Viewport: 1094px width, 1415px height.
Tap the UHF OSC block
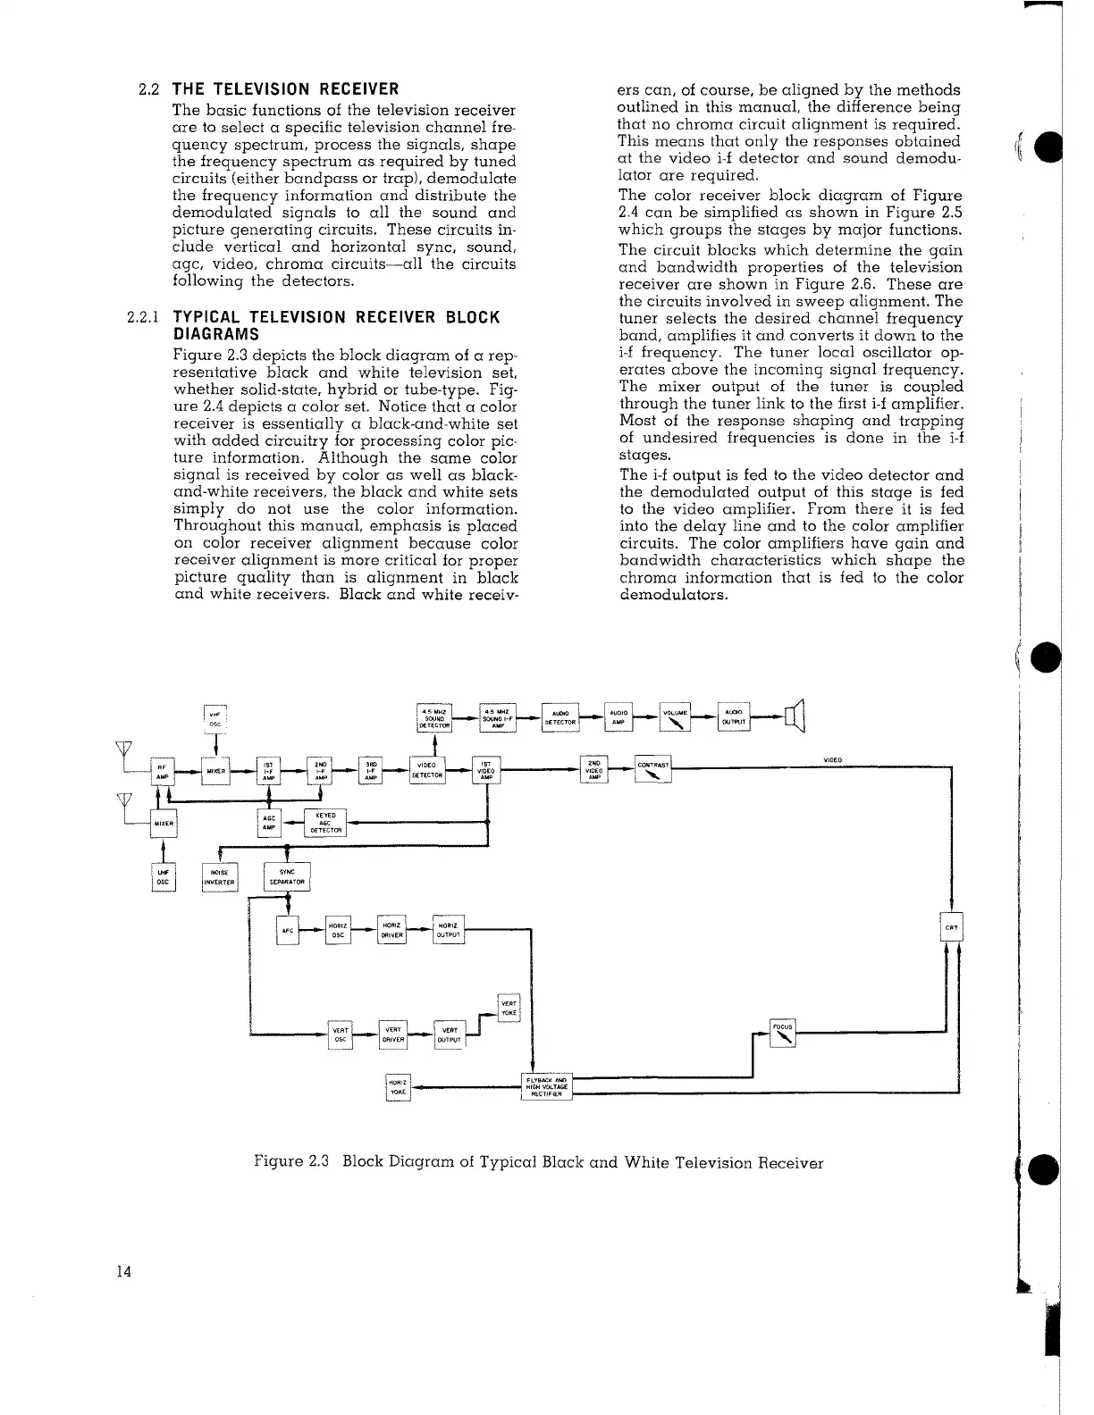pos(164,877)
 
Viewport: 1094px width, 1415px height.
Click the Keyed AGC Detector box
pos(325,823)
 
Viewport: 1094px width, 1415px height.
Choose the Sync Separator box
pos(287,877)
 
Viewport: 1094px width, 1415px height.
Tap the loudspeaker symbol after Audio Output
pos(795,716)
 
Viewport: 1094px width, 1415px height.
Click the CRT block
pos(952,928)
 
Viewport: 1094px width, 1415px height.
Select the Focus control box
pos(784,1034)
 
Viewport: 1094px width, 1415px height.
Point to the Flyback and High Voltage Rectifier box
pos(547,1086)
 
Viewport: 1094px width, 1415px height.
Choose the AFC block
pos(288,929)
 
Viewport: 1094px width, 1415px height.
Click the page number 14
pos(124,1273)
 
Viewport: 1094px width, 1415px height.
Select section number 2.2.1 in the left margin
pos(142,317)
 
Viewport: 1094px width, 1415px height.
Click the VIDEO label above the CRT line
pos(833,760)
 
